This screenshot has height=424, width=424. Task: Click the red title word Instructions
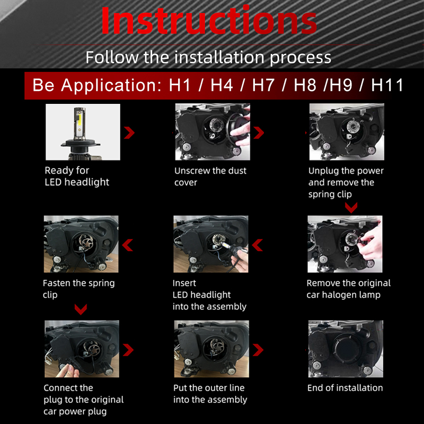coord(208,21)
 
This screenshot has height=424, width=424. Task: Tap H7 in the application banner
coord(263,85)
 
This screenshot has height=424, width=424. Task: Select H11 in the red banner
coord(387,85)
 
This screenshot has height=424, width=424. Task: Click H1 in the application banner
coord(180,85)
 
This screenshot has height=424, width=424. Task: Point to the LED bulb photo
coord(83,132)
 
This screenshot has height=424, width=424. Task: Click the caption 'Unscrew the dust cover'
coord(210,176)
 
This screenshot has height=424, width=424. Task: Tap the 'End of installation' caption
coord(345,388)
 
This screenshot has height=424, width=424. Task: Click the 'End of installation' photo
coord(346,349)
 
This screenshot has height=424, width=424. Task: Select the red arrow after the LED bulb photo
coord(129,133)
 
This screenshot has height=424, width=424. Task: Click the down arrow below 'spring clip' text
coord(351,208)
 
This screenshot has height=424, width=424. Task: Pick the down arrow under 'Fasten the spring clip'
coord(81,310)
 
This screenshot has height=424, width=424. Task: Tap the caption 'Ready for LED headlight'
coord(77,176)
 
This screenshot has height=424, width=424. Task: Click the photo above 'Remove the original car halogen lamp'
coord(345,244)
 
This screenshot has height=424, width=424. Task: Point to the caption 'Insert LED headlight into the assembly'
coord(209,295)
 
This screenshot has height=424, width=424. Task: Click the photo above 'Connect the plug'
coord(82,349)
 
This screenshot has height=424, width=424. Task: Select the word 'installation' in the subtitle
coord(219,57)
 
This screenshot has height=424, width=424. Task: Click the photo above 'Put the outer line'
coord(211,349)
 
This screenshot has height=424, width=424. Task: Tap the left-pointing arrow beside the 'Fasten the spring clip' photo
coord(127,245)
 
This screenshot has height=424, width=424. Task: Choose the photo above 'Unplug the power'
coord(347,132)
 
